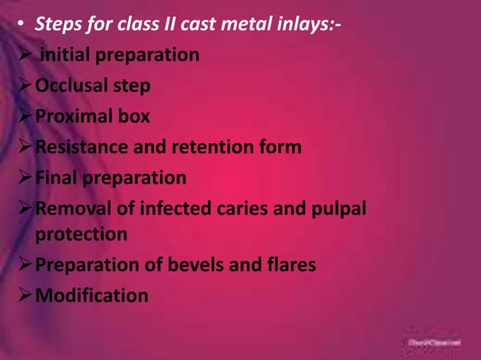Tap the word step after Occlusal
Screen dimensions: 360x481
pos(133,87)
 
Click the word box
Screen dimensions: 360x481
pos(136,117)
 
